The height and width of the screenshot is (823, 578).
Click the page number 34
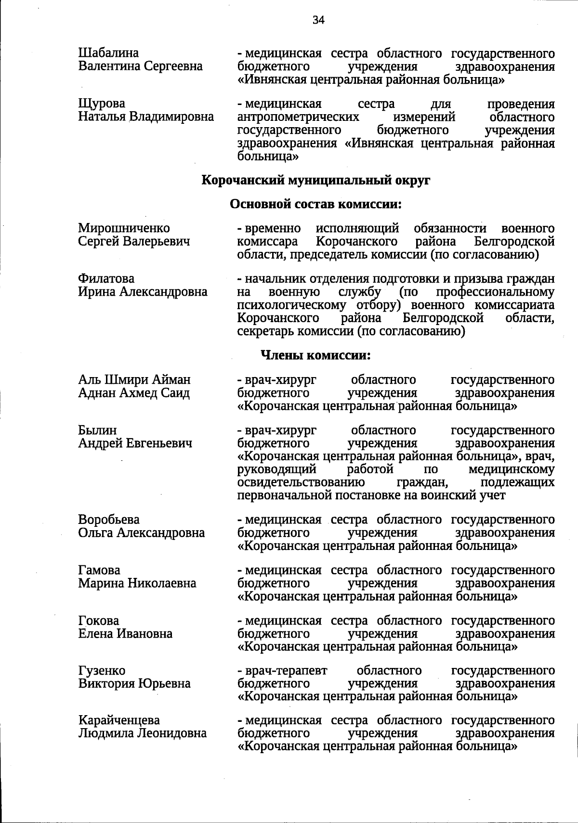(318, 20)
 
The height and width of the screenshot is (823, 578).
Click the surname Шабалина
(108, 52)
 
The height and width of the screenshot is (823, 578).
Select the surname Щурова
(102, 104)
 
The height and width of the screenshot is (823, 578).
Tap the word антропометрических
(298, 117)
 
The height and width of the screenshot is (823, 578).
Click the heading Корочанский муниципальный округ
(315, 181)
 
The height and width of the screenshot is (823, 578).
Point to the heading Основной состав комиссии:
(315, 204)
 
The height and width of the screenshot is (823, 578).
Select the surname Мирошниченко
(124, 228)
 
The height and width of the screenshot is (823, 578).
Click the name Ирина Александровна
(143, 292)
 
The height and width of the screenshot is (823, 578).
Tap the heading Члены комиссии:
(315, 355)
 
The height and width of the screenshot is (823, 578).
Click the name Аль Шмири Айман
(134, 380)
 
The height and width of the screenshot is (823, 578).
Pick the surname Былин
(97, 430)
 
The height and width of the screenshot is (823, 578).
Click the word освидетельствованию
(301, 482)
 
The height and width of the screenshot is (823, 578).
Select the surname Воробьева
(109, 520)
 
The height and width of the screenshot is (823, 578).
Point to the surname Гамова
(99, 570)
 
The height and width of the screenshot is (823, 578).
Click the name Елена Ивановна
(125, 634)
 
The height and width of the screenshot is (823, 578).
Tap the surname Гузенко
(102, 671)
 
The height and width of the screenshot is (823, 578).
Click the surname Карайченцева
(119, 720)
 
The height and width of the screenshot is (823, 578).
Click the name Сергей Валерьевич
(134, 241)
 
